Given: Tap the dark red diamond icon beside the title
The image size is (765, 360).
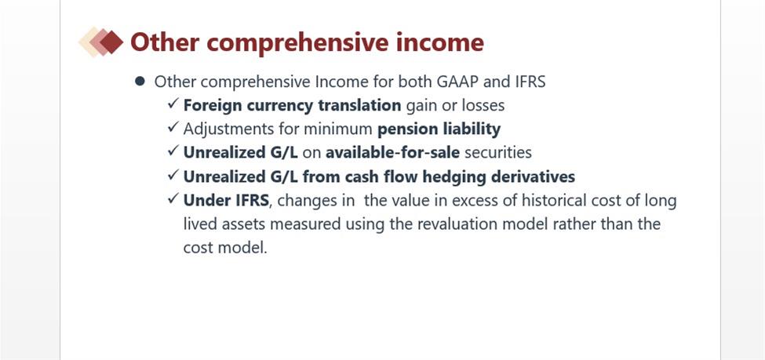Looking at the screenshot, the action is pos(111,42).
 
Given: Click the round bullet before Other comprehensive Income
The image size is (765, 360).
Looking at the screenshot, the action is pos(140,81).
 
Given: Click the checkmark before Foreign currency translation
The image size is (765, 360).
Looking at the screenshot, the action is pos(173,104).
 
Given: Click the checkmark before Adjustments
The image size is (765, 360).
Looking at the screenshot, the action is pos(173,127).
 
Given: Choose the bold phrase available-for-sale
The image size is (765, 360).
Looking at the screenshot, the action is pos(393,153).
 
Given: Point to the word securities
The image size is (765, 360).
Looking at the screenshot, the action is pos(498,153).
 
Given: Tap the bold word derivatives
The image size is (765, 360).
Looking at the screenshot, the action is pos(533,176).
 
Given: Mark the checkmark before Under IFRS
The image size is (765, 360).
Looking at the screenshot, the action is pos(173,198).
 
